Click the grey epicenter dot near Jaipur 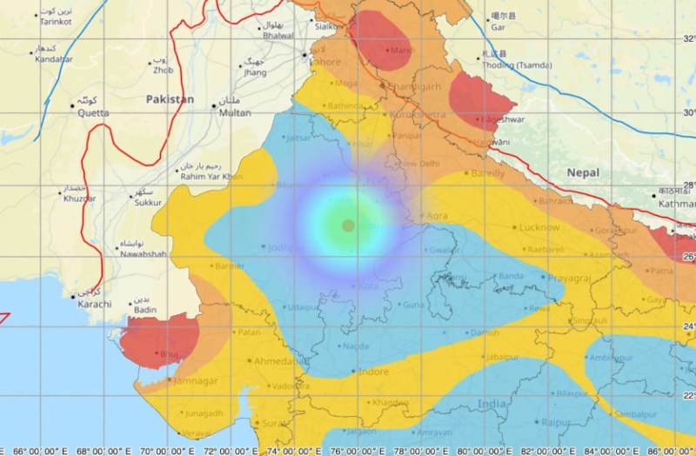coord(348,225)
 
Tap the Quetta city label coord(93,112)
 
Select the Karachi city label coord(94,304)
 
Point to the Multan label coord(235,113)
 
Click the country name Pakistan coord(170,99)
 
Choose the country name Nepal coord(583,173)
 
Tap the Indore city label coord(372,372)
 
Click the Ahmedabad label coord(279,360)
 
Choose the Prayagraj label coord(572,278)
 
